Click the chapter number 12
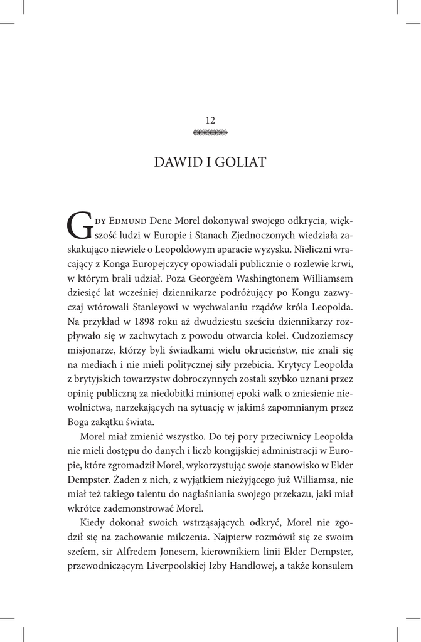(210, 120)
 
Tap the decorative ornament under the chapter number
(210, 132)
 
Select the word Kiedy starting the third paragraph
(93, 523)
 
